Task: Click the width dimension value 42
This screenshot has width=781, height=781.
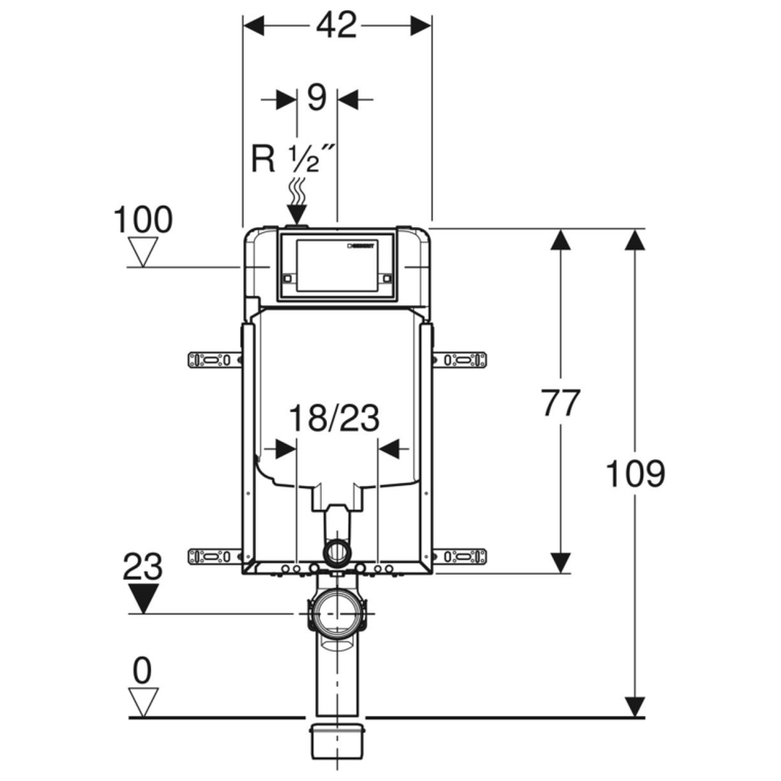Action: (337, 26)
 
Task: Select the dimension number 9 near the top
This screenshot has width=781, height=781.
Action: (317, 98)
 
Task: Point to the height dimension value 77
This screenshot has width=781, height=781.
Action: (560, 403)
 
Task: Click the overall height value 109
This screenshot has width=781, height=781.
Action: (634, 474)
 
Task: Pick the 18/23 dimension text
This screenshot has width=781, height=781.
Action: (334, 419)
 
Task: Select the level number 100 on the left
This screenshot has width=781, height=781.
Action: (143, 220)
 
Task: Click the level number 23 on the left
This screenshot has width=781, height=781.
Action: (142, 568)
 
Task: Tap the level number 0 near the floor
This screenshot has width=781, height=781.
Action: (142, 672)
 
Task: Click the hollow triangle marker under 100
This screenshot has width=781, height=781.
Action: (142, 252)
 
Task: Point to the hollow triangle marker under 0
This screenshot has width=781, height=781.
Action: (142, 702)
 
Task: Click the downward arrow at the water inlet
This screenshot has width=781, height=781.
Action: (296, 214)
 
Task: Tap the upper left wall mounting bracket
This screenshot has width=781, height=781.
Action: (214, 359)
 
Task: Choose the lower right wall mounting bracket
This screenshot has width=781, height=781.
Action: (460, 556)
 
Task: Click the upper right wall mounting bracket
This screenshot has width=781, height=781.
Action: (460, 359)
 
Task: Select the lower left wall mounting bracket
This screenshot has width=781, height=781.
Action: (214, 556)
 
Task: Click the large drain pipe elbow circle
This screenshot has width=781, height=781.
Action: (337, 613)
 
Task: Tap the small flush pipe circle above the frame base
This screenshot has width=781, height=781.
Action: (337, 553)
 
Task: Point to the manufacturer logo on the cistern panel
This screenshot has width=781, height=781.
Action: (362, 247)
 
